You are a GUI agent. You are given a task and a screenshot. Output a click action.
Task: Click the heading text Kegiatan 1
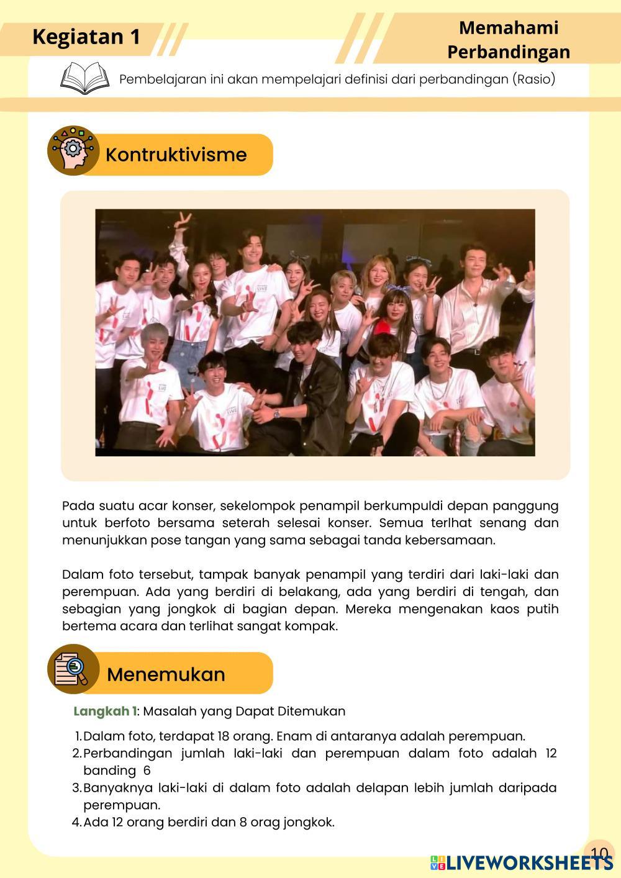[x=86, y=37]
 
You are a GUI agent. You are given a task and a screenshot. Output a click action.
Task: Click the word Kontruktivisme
[x=176, y=155]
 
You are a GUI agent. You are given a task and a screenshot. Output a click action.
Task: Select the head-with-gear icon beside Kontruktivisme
[x=73, y=150]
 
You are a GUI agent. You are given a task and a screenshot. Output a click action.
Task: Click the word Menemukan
[x=166, y=674]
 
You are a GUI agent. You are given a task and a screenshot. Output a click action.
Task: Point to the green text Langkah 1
[x=104, y=711]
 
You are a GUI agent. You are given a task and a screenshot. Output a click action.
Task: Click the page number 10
[x=599, y=853]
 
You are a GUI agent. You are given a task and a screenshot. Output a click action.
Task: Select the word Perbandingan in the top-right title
[x=508, y=52]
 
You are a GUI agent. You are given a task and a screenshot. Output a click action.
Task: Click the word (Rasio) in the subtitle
[x=533, y=79]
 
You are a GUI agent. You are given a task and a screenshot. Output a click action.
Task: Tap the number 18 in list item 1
[x=225, y=736]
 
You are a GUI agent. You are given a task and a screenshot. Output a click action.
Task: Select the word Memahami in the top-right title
[x=508, y=27]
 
